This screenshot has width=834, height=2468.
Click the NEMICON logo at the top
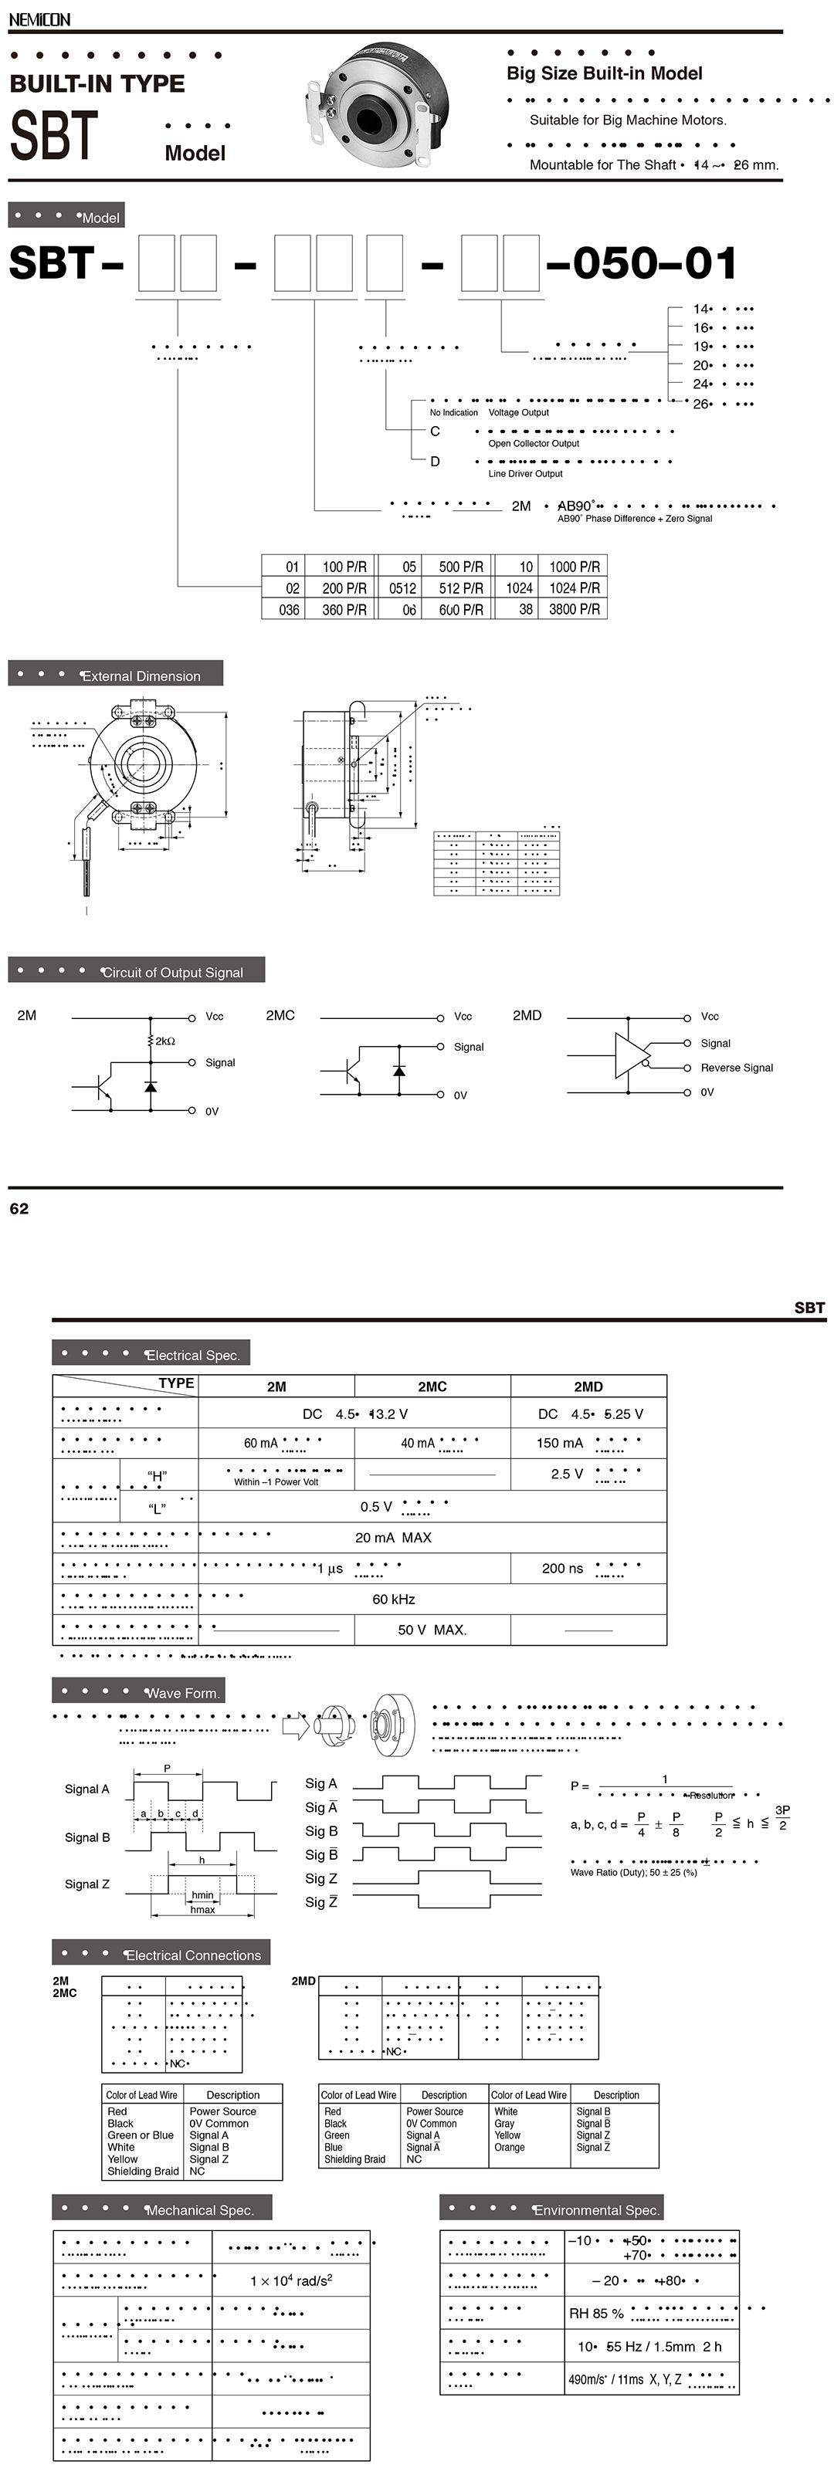pos(39,19)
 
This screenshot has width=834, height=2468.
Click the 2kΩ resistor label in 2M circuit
pos(165,1041)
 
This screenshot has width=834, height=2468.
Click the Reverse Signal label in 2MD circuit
pos(736,1068)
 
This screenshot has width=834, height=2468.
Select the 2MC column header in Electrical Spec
pos(432,1386)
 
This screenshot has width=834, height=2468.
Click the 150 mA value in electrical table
pos(560,1443)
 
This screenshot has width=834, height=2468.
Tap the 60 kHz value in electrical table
pos(393,1599)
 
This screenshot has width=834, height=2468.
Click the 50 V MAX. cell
pos(432,1630)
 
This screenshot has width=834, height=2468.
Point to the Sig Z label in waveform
pos(321,1879)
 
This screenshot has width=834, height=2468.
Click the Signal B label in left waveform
pos(87,1837)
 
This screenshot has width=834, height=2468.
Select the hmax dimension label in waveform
pos(202,1909)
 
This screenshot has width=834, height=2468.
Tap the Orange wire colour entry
pos(509,2147)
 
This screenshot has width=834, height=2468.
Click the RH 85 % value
pos(596,2313)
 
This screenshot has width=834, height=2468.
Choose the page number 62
pos(19,1209)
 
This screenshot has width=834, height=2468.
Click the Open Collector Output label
pos(533,444)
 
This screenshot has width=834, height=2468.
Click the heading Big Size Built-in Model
pos(604,74)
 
